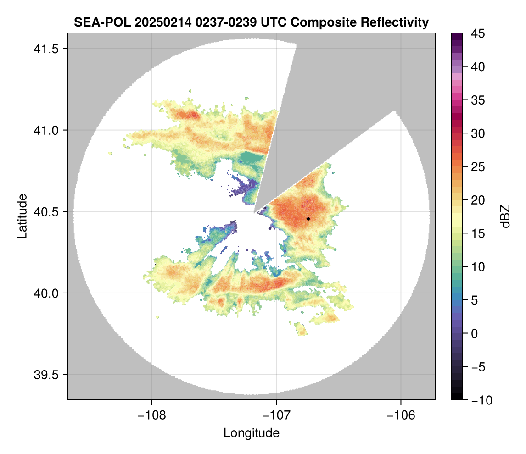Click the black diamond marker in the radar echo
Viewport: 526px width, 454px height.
pyautogui.click(x=308, y=219)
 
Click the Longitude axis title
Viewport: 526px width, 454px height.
pyautogui.click(x=252, y=432)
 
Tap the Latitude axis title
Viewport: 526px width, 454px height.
pyautogui.click(x=22, y=216)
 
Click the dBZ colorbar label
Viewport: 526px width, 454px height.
pyautogui.click(x=505, y=216)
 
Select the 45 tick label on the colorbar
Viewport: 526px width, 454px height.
pyautogui.click(x=479, y=33)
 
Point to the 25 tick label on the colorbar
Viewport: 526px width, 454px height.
pyautogui.click(x=479, y=167)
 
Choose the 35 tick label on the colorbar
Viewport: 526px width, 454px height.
pyautogui.click(x=479, y=100)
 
